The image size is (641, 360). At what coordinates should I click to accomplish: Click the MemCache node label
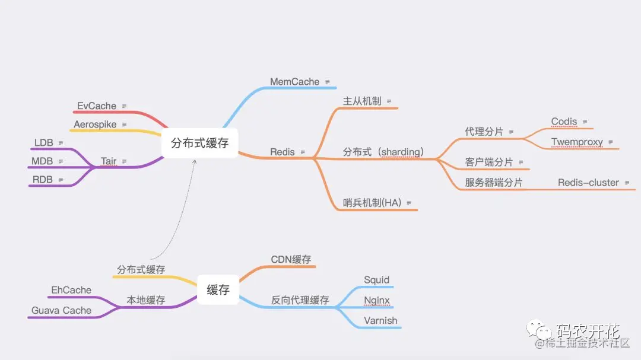[x=294, y=82]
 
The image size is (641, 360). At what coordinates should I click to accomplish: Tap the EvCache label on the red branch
[x=96, y=106]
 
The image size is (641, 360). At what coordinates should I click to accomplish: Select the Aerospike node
[x=95, y=125]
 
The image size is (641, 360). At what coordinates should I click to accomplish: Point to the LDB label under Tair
[x=43, y=143]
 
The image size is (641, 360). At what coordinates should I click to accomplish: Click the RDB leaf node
[x=43, y=180]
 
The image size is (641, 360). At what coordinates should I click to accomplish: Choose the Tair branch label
[x=109, y=161]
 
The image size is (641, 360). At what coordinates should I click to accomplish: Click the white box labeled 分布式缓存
[x=199, y=143]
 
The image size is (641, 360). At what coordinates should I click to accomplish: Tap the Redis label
[x=283, y=152]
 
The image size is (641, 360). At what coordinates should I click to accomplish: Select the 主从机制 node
[x=362, y=101]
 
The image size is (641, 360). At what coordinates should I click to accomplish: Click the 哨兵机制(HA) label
[x=372, y=203]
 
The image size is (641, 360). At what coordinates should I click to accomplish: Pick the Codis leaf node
[x=564, y=122]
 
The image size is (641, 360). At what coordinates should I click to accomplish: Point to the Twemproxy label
[x=577, y=142]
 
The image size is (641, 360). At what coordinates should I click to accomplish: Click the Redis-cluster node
[x=588, y=183]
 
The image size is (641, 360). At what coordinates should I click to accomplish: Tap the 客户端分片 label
[x=489, y=162]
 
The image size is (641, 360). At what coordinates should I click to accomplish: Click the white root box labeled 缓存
[x=218, y=290]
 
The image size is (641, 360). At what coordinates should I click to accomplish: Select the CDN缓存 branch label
[x=291, y=260]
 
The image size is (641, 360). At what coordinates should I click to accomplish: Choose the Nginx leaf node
[x=377, y=300]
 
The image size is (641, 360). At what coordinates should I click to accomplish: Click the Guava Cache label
[x=61, y=310]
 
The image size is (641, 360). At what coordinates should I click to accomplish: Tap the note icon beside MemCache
[x=327, y=82]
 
